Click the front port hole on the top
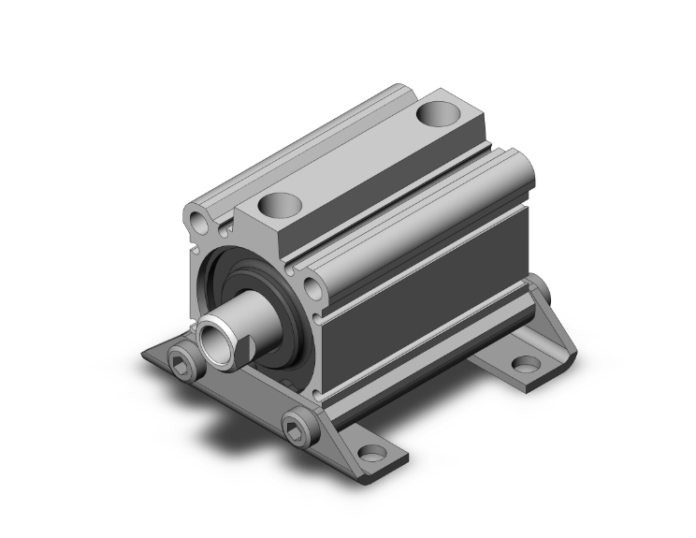278,203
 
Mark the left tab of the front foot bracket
159,357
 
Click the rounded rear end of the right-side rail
520,169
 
